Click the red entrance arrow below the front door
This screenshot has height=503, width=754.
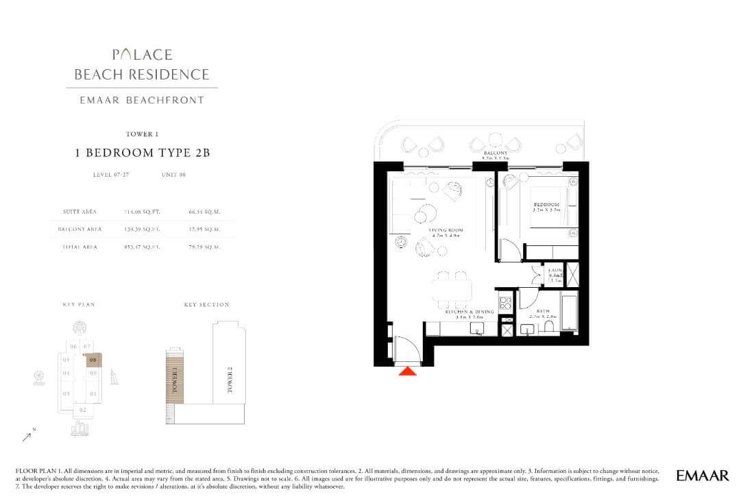[x=408, y=371]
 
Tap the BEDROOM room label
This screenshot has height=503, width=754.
[x=546, y=205]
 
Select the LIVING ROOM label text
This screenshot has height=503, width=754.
[x=446, y=231]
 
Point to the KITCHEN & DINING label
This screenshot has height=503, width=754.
[x=465, y=312]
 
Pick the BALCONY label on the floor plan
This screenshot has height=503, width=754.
[x=495, y=154]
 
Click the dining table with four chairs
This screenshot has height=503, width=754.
[x=452, y=290]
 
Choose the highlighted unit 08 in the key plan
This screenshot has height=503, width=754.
[x=94, y=360]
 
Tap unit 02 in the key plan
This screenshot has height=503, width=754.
[x=82, y=410]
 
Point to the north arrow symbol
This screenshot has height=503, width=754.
[x=27, y=434]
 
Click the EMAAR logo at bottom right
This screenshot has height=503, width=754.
[x=702, y=475]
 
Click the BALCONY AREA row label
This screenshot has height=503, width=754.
[x=83, y=229]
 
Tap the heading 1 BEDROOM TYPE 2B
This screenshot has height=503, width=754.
[x=142, y=153]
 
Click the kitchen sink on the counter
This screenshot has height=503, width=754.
[x=478, y=328]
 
